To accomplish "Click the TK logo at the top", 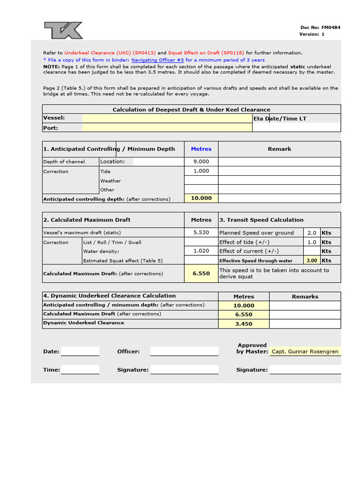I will pyautogui.click(x=63, y=30).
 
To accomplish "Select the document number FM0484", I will pyautogui.click(x=331, y=27).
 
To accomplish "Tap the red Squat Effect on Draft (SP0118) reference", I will pyautogui.click(x=206, y=53).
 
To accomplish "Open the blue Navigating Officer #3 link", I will pyautogui.click(x=157, y=60).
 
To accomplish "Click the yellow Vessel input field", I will pyautogui.click(x=167, y=118).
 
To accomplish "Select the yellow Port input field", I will pyautogui.click(x=167, y=127).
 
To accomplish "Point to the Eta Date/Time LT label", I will pyautogui.click(x=280, y=119).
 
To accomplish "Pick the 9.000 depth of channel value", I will pyautogui.click(x=201, y=162).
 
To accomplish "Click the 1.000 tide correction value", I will pyautogui.click(x=201, y=171).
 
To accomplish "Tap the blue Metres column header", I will pyautogui.click(x=201, y=149).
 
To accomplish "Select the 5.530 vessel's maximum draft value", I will pyautogui.click(x=201, y=232).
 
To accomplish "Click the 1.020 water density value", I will pyautogui.click(x=201, y=251).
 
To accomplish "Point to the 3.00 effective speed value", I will pyautogui.click(x=312, y=261).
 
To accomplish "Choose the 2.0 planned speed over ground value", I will pyautogui.click(x=312, y=232).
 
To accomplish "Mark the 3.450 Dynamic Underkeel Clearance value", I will pyautogui.click(x=243, y=323).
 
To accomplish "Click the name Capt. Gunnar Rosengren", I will pyautogui.click(x=305, y=352).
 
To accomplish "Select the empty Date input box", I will pyautogui.click(x=80, y=352).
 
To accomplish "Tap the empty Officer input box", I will pyautogui.click(x=184, y=352).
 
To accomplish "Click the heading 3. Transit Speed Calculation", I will pyautogui.click(x=262, y=220).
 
